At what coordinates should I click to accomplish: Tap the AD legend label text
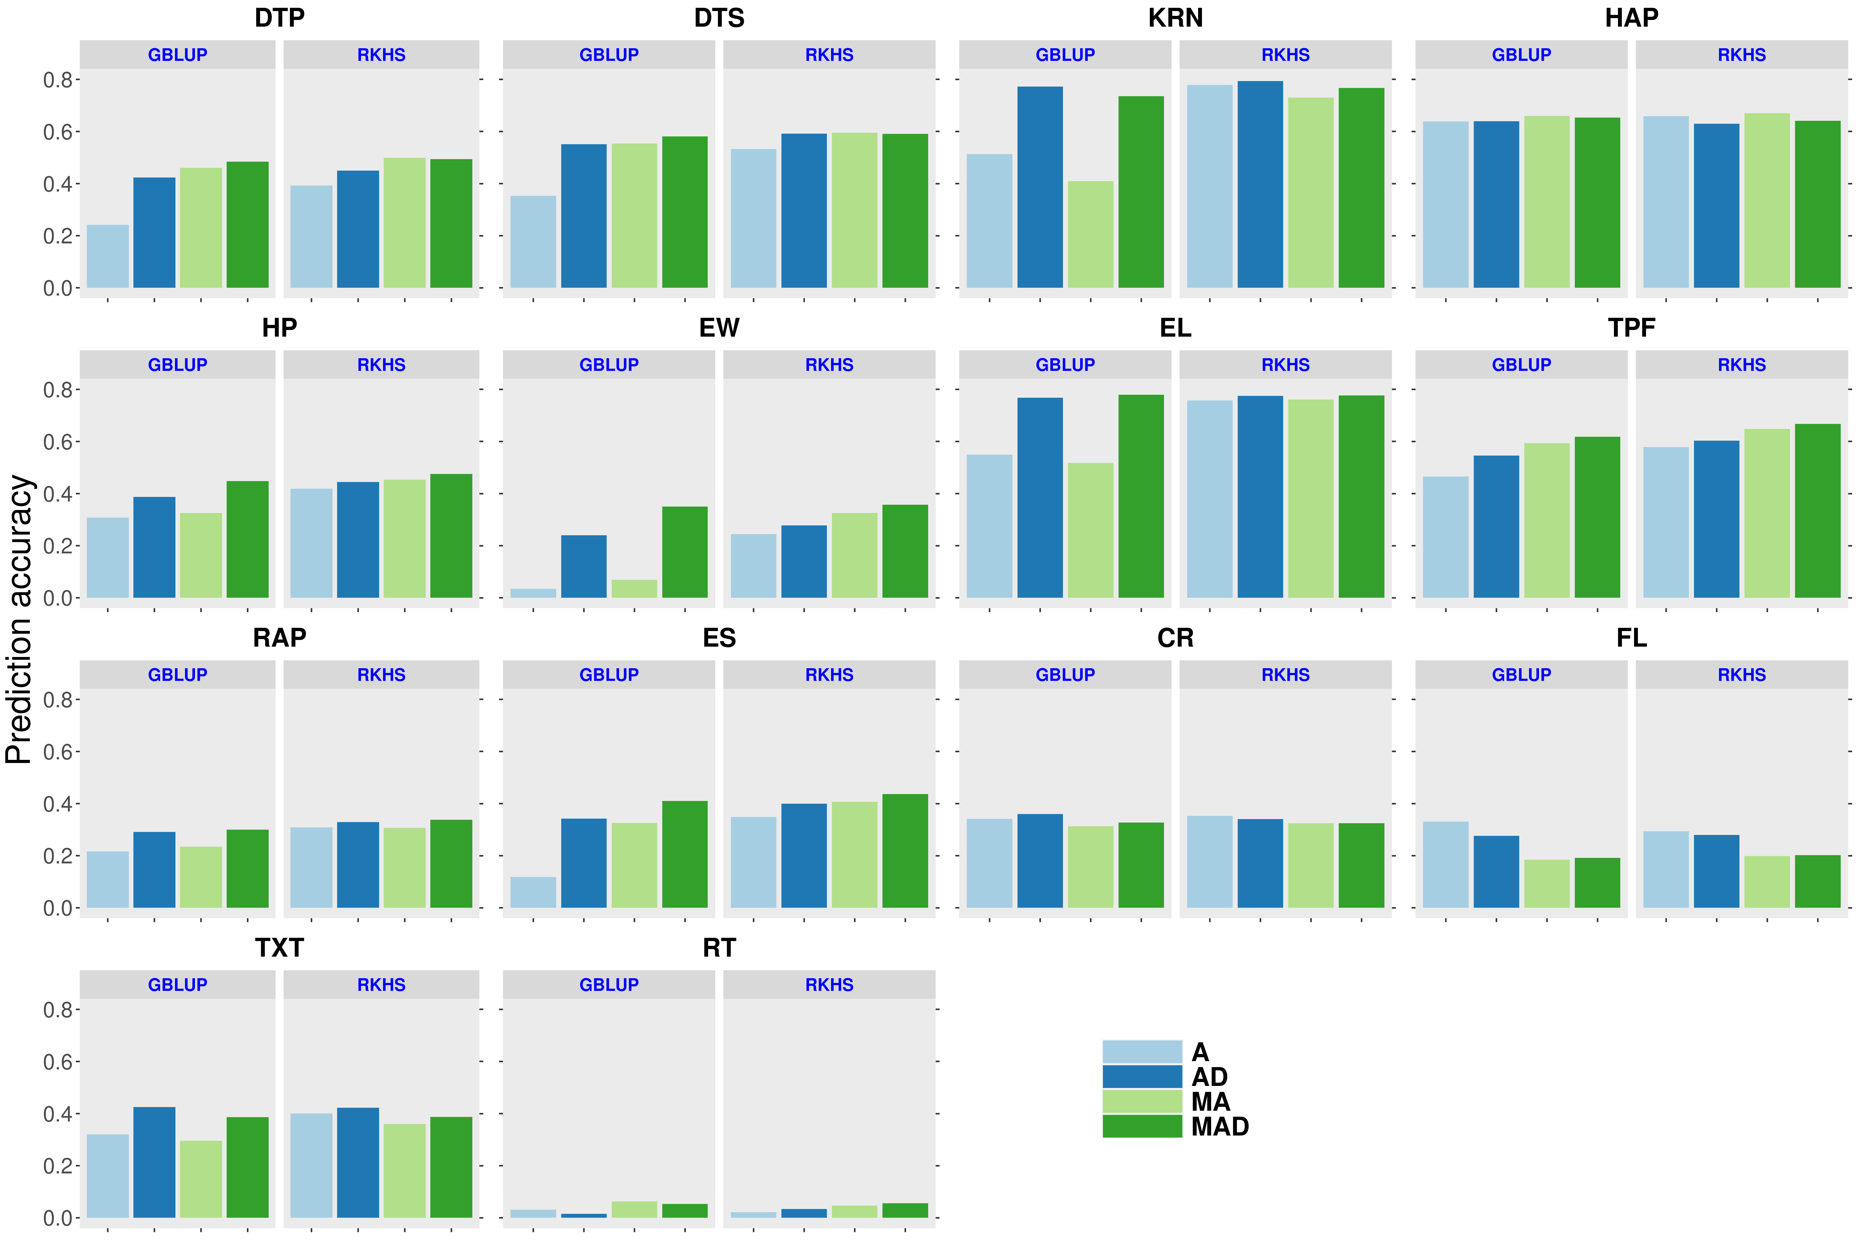click(x=1209, y=1077)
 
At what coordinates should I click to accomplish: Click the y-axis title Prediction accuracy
click(x=19, y=619)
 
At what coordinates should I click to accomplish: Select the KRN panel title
click(x=1175, y=17)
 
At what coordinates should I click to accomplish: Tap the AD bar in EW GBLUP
click(x=584, y=566)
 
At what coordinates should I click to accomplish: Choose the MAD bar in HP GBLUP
click(x=248, y=539)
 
